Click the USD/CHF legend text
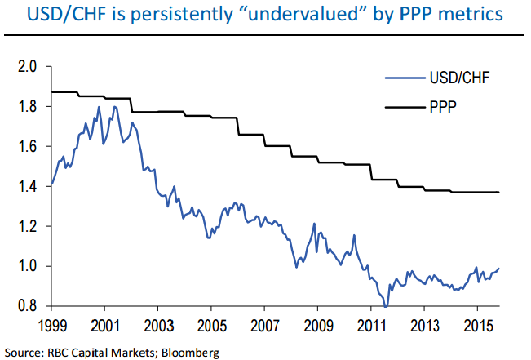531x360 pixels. click(x=458, y=79)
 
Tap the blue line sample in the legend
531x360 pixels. click(x=402, y=79)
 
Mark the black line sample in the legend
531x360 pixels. click(x=402, y=104)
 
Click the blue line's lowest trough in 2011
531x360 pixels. click(x=387, y=306)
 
